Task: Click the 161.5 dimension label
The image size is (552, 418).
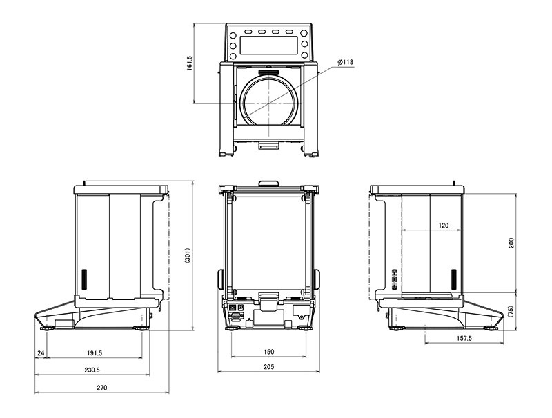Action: [x=189, y=63]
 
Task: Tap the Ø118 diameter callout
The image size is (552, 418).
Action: [x=345, y=62]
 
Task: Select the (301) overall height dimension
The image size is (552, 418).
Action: [x=188, y=255]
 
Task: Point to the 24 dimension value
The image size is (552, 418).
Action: [x=41, y=352]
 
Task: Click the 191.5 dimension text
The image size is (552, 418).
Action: [x=95, y=352]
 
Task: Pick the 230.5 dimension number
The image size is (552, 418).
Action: [x=92, y=370]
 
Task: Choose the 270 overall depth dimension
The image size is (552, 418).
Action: [x=101, y=388]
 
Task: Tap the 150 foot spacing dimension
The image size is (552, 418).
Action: [x=268, y=352]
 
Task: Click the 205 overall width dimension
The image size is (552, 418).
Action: [x=268, y=367]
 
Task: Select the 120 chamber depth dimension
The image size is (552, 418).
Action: [x=444, y=225]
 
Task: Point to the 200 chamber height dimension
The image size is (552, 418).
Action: [x=511, y=243]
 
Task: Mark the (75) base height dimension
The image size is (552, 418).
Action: [x=511, y=311]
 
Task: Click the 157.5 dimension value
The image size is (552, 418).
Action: [x=464, y=338]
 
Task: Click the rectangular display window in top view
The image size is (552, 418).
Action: [x=268, y=45]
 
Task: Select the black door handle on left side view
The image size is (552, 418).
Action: [x=84, y=279]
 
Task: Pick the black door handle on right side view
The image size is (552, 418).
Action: [x=454, y=279]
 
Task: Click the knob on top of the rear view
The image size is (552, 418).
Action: [x=268, y=183]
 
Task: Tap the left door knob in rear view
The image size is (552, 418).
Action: [x=220, y=279]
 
